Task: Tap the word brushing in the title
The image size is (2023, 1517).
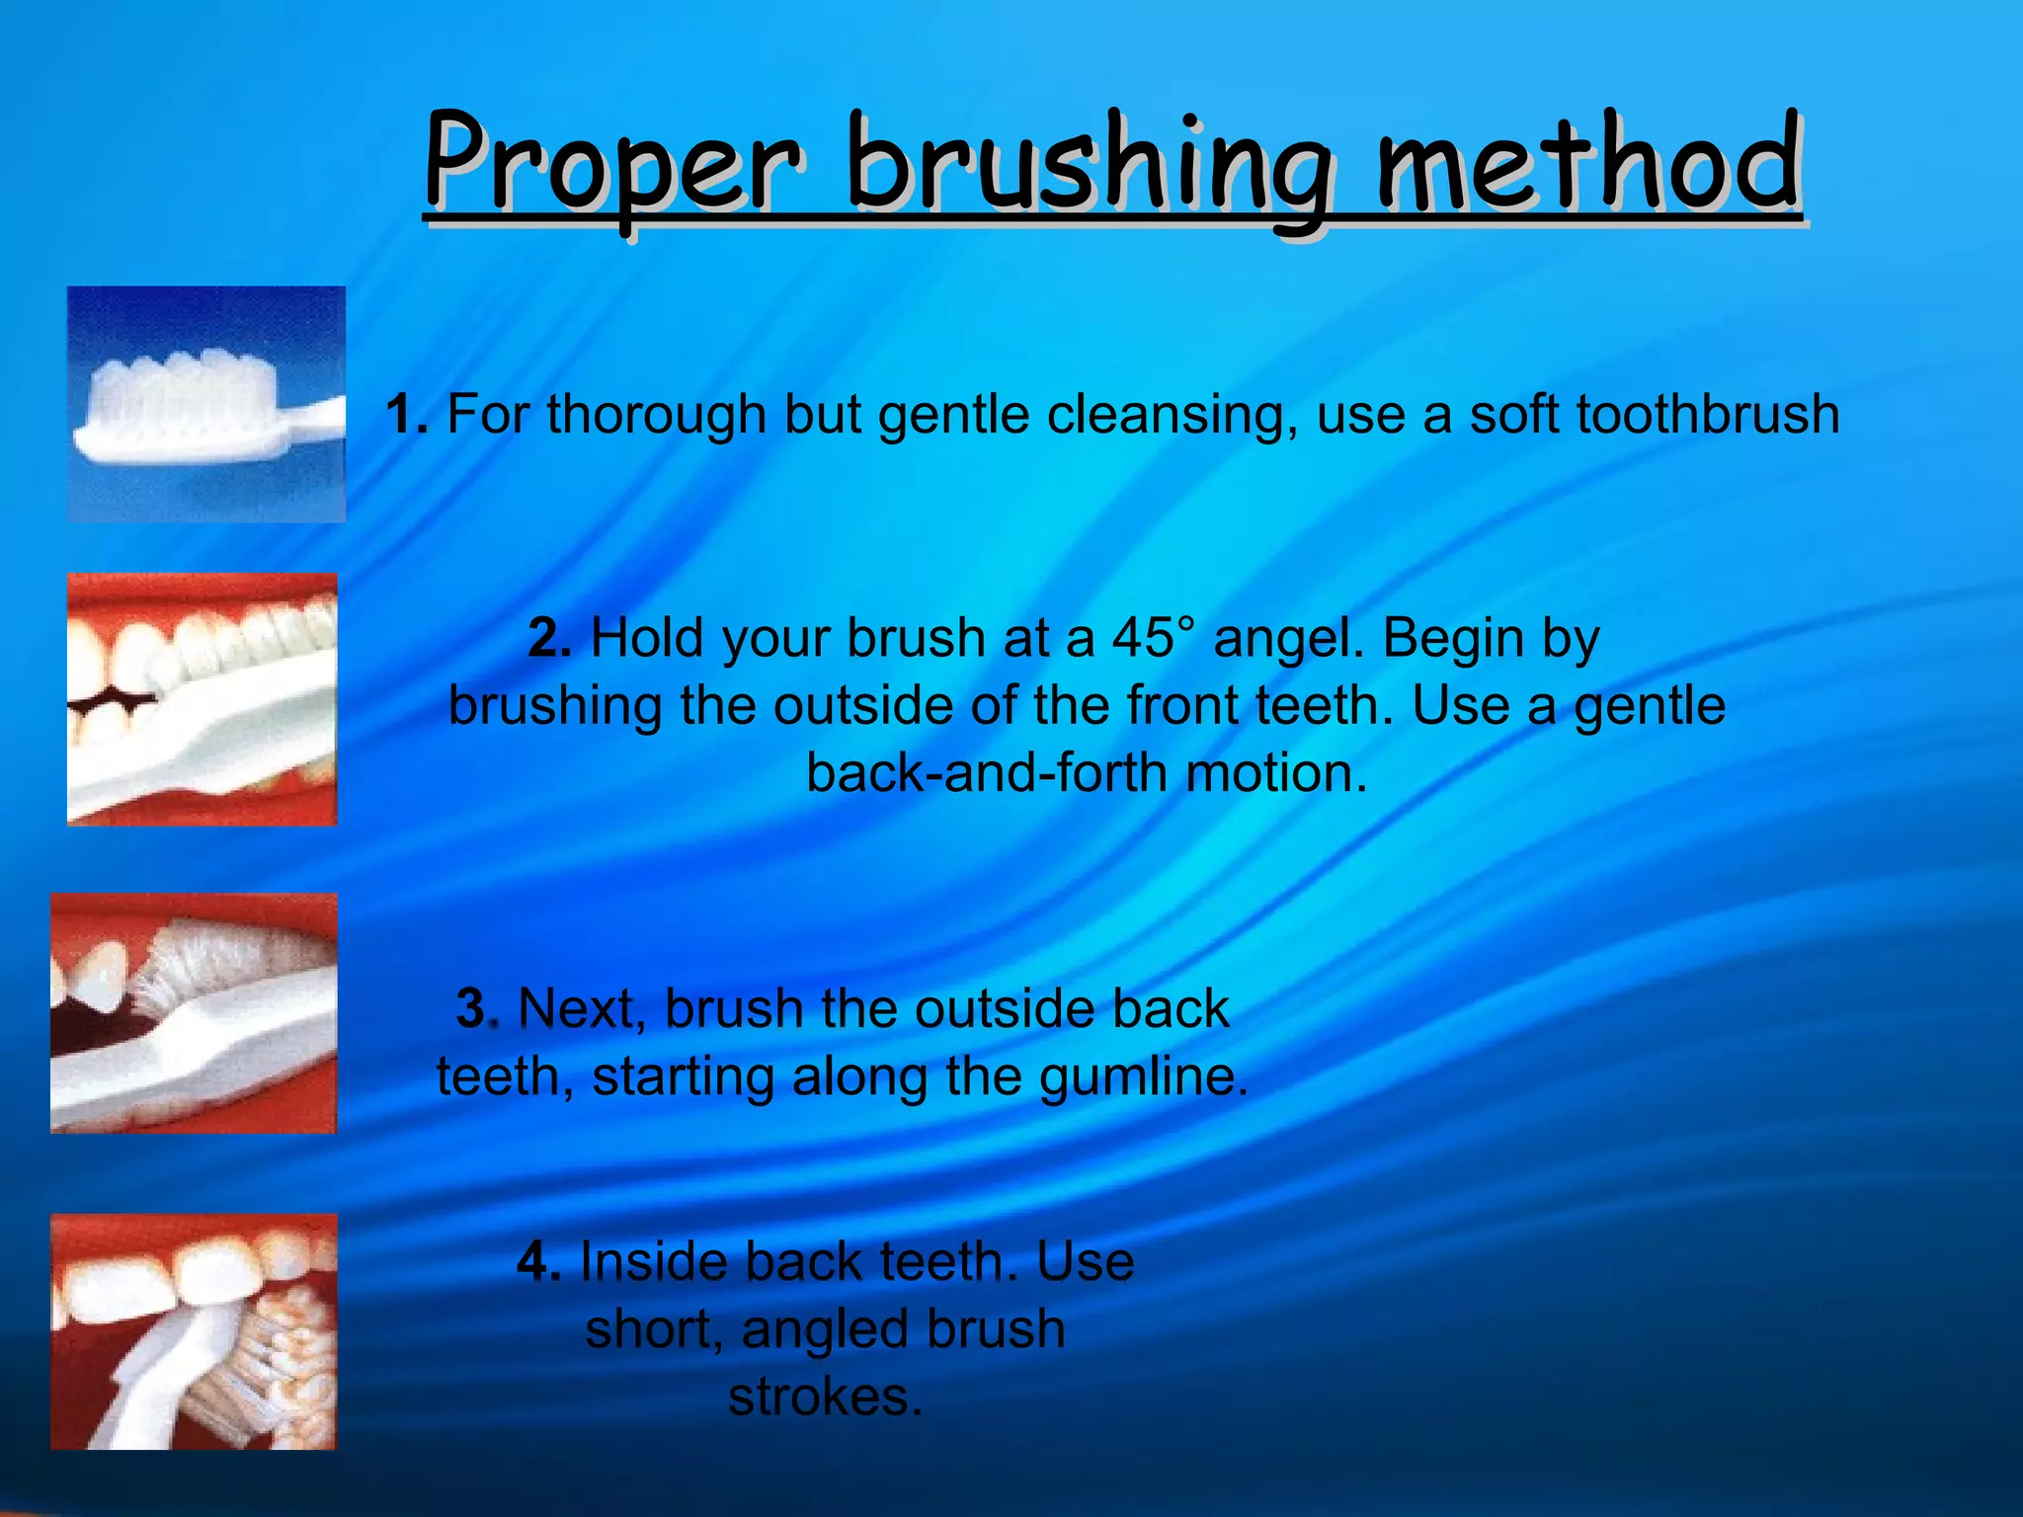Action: click(1092, 168)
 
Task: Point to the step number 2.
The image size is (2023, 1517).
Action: click(549, 638)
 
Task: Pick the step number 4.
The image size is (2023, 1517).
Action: click(538, 1262)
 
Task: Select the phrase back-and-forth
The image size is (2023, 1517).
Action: click(988, 773)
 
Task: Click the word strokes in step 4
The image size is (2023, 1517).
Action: click(825, 1397)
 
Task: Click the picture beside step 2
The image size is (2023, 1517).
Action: click(202, 699)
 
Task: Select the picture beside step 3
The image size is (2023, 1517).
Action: click(194, 1013)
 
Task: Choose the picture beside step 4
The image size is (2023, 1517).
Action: click(194, 1331)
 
